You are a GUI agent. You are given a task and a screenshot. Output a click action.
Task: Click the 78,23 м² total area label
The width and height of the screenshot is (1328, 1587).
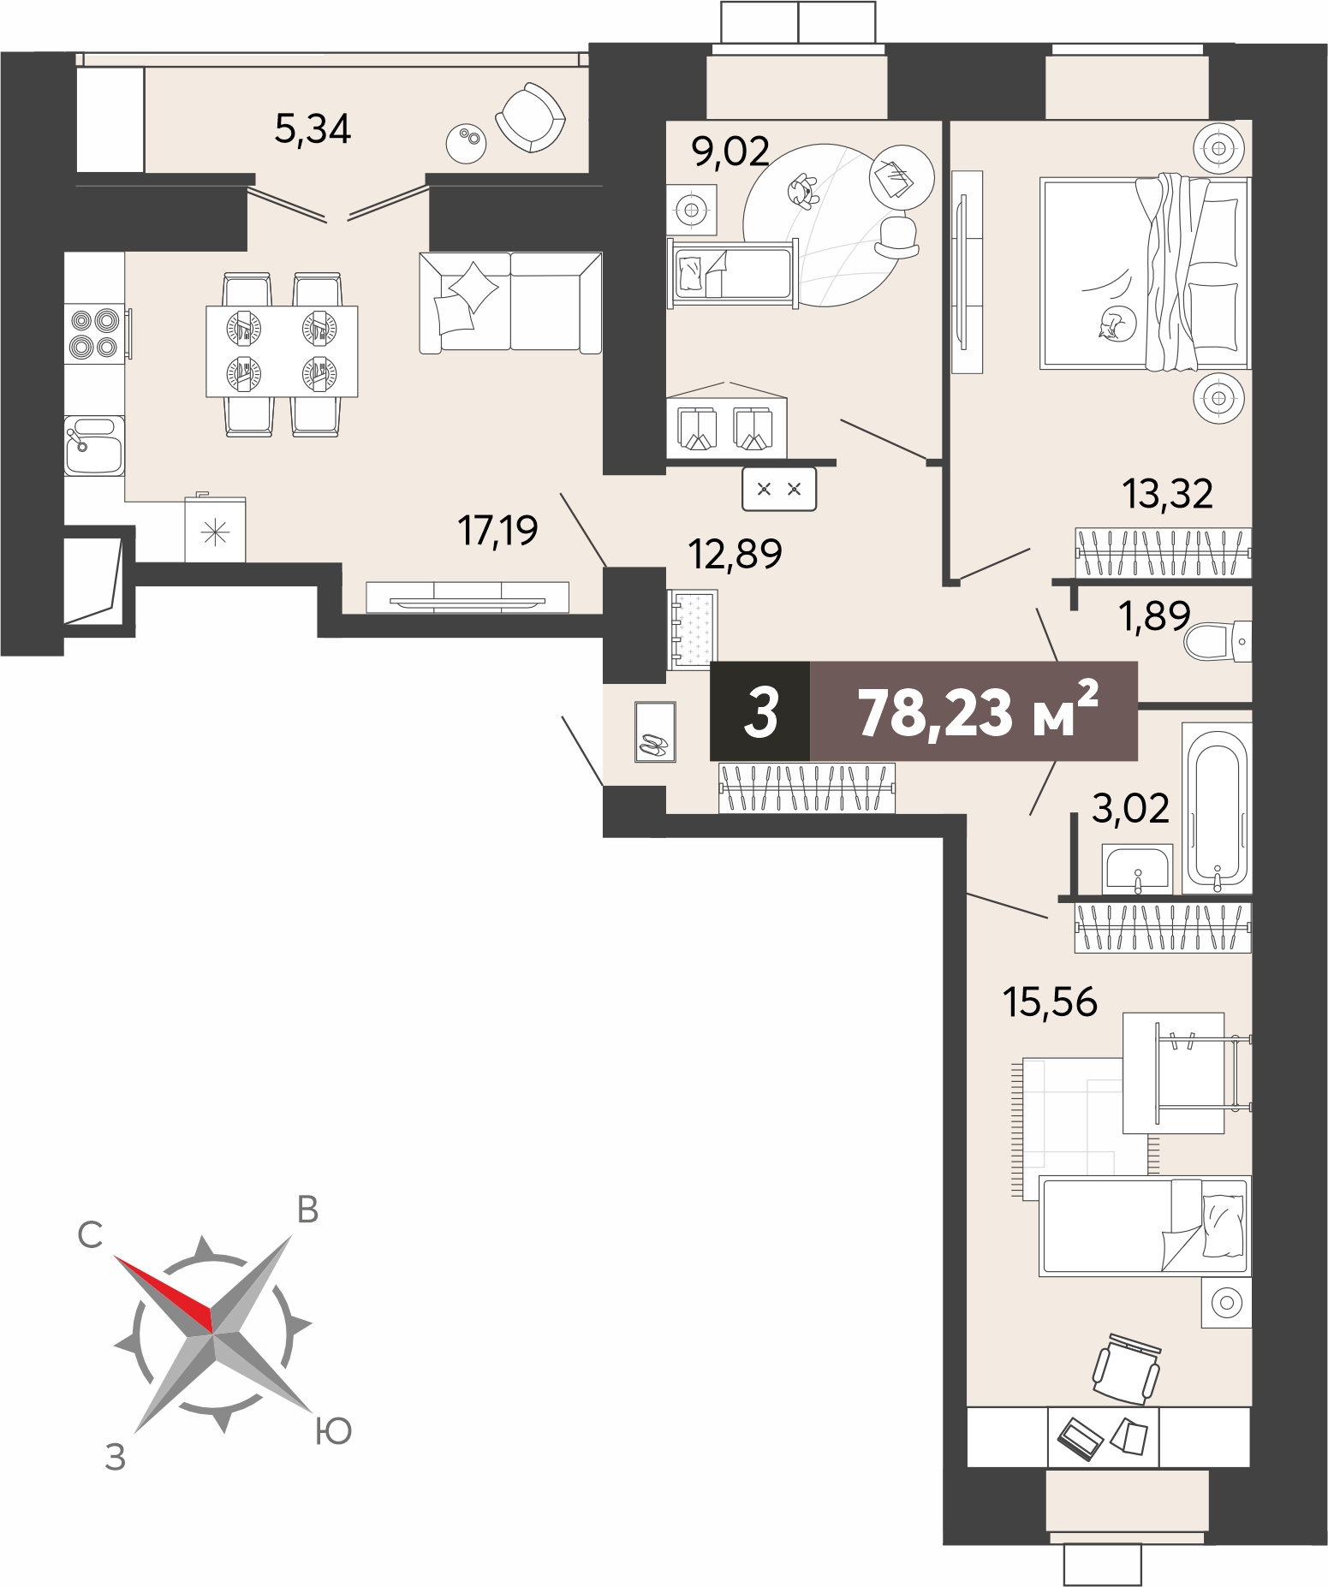[977, 711]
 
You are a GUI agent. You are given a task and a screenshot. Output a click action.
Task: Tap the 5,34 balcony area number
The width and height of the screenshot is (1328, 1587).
[313, 129]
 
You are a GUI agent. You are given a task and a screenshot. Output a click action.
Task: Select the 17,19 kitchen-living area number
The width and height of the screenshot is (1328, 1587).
[498, 531]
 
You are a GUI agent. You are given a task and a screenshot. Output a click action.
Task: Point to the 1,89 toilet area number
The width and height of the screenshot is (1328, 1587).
[1156, 616]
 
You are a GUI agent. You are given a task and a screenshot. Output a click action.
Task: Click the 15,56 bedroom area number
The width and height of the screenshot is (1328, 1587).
[1051, 1001]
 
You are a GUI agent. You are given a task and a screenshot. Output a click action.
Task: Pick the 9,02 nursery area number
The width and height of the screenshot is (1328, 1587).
[730, 152]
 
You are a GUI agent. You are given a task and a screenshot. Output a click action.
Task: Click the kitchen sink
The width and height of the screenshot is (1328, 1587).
[94, 445]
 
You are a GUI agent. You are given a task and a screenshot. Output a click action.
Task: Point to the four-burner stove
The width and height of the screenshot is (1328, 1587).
[95, 333]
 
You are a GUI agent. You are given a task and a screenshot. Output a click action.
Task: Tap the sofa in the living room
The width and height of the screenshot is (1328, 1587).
[510, 302]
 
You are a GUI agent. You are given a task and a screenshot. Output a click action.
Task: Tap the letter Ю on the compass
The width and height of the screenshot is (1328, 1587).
[333, 1430]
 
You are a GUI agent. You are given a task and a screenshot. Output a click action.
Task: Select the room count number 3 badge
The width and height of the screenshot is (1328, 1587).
[760, 711]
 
